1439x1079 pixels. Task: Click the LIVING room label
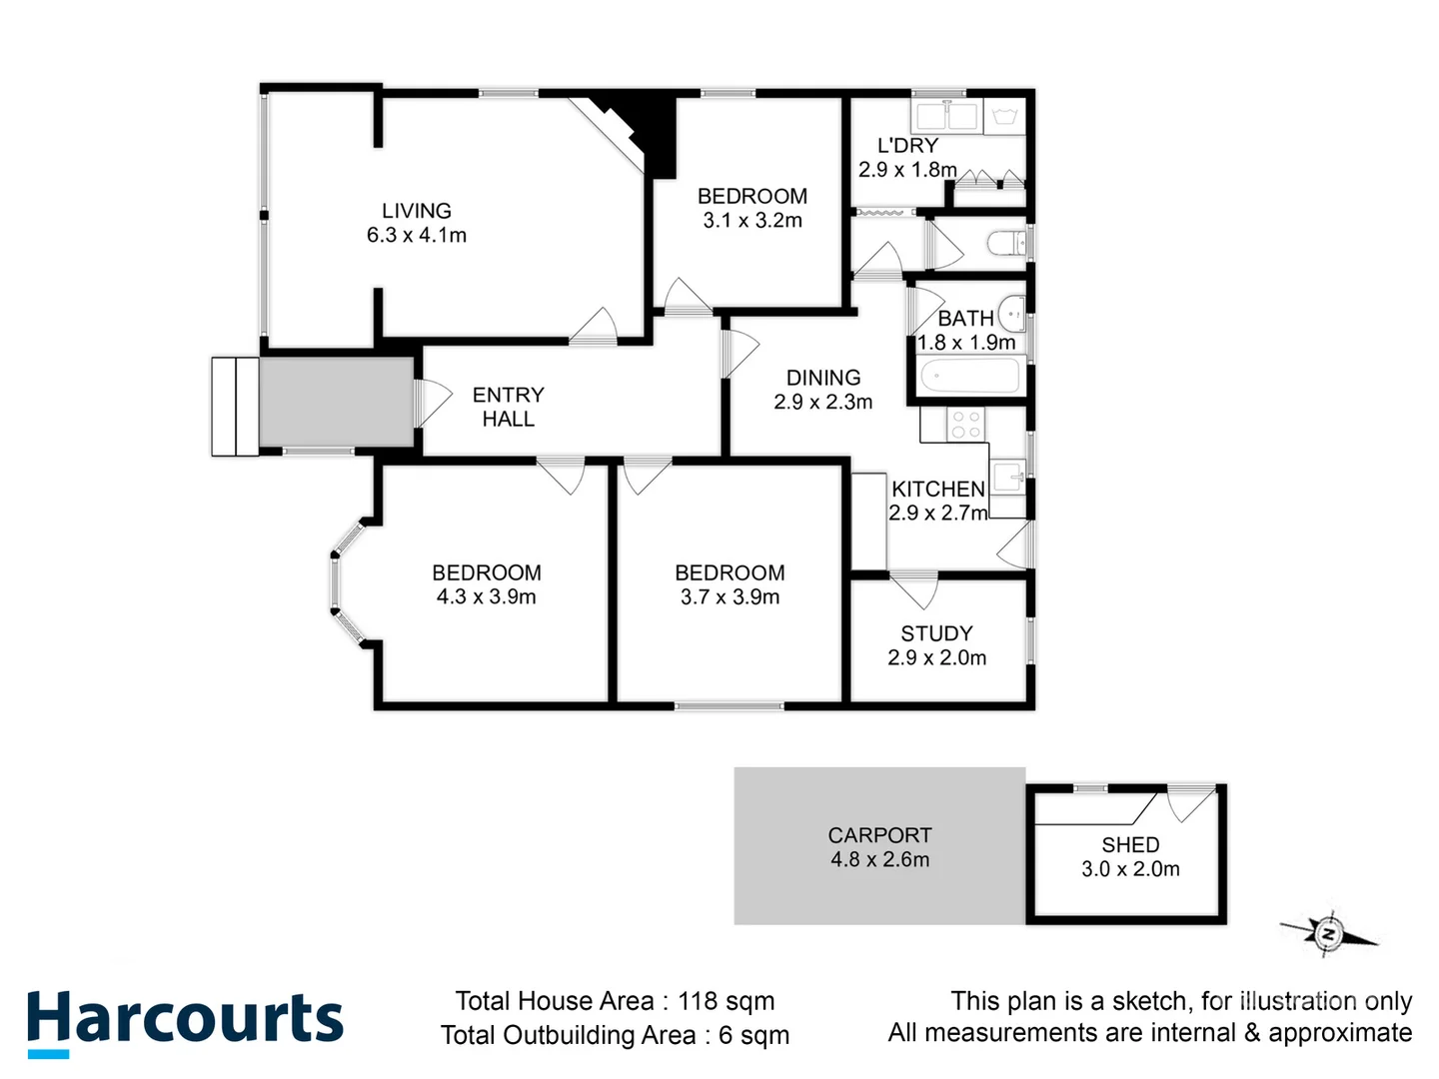(x=417, y=211)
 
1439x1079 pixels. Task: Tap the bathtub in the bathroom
(x=968, y=377)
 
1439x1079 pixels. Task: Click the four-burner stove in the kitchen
(x=965, y=425)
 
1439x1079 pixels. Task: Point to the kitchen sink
(x=1007, y=476)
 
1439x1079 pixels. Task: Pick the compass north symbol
(x=1329, y=934)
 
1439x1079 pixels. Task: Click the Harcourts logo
(x=185, y=1021)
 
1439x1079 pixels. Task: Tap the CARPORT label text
(x=879, y=835)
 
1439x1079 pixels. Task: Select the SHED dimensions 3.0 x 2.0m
(x=1130, y=869)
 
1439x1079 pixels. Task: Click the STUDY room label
(x=936, y=633)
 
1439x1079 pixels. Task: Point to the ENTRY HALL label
(x=508, y=407)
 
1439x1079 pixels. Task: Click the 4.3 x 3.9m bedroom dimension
(x=486, y=597)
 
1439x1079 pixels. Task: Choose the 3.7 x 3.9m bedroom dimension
(x=729, y=597)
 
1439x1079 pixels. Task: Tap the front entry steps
(x=236, y=406)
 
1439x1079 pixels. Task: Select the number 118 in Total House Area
(x=700, y=1001)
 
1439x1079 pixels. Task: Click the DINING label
(x=823, y=378)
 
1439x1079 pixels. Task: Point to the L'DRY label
(x=907, y=146)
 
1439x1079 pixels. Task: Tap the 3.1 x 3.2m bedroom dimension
(x=752, y=221)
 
